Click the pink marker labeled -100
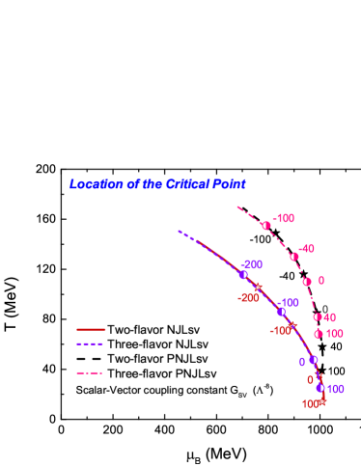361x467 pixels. coord(265,226)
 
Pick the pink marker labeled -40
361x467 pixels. coord(293,257)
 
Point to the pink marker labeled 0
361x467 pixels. coord(307,282)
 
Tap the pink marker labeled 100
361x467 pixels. coord(319,334)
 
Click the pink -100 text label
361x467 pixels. coord(284,219)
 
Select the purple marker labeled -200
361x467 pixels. coord(242,275)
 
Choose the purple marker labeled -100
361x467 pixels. coord(281,311)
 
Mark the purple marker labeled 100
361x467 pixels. coord(320,388)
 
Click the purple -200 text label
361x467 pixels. coord(252,264)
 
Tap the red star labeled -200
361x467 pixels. coord(258,287)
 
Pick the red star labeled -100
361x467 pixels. coord(292,324)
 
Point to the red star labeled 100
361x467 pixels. coord(322,401)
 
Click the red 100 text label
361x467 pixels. coord(310,404)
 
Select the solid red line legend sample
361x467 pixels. coord(91,329)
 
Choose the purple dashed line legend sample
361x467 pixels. coord(91,343)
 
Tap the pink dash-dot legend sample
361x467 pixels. coord(91,372)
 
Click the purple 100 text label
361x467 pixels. coord(335,389)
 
